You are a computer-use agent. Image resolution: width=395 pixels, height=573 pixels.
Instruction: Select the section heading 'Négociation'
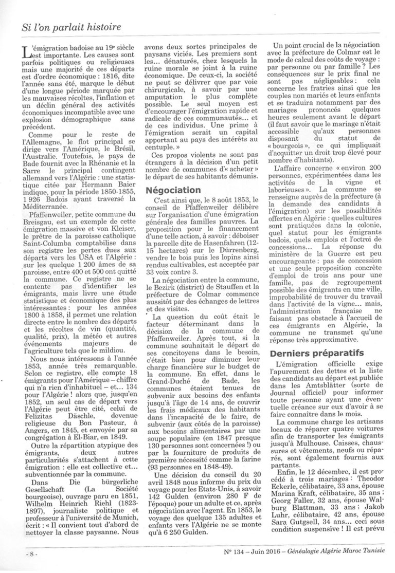[173, 190]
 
